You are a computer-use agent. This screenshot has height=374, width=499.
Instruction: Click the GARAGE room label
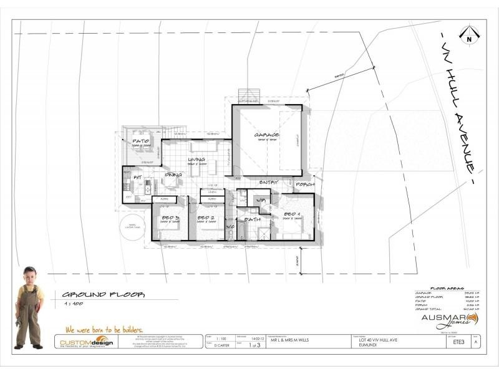[x=266, y=135]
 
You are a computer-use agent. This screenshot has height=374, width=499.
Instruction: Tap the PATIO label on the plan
[x=138, y=141]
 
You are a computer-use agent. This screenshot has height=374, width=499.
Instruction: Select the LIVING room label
[x=196, y=160]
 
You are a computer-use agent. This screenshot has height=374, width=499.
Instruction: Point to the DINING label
[x=174, y=175]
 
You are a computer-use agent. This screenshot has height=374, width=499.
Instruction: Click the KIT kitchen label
[x=138, y=178]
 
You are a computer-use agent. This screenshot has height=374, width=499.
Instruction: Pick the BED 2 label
[x=206, y=218]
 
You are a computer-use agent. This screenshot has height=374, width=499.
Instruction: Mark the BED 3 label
[x=170, y=218]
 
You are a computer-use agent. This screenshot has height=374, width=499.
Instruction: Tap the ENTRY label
[x=269, y=182]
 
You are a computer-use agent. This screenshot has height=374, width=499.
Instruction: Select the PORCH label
[x=304, y=185]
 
